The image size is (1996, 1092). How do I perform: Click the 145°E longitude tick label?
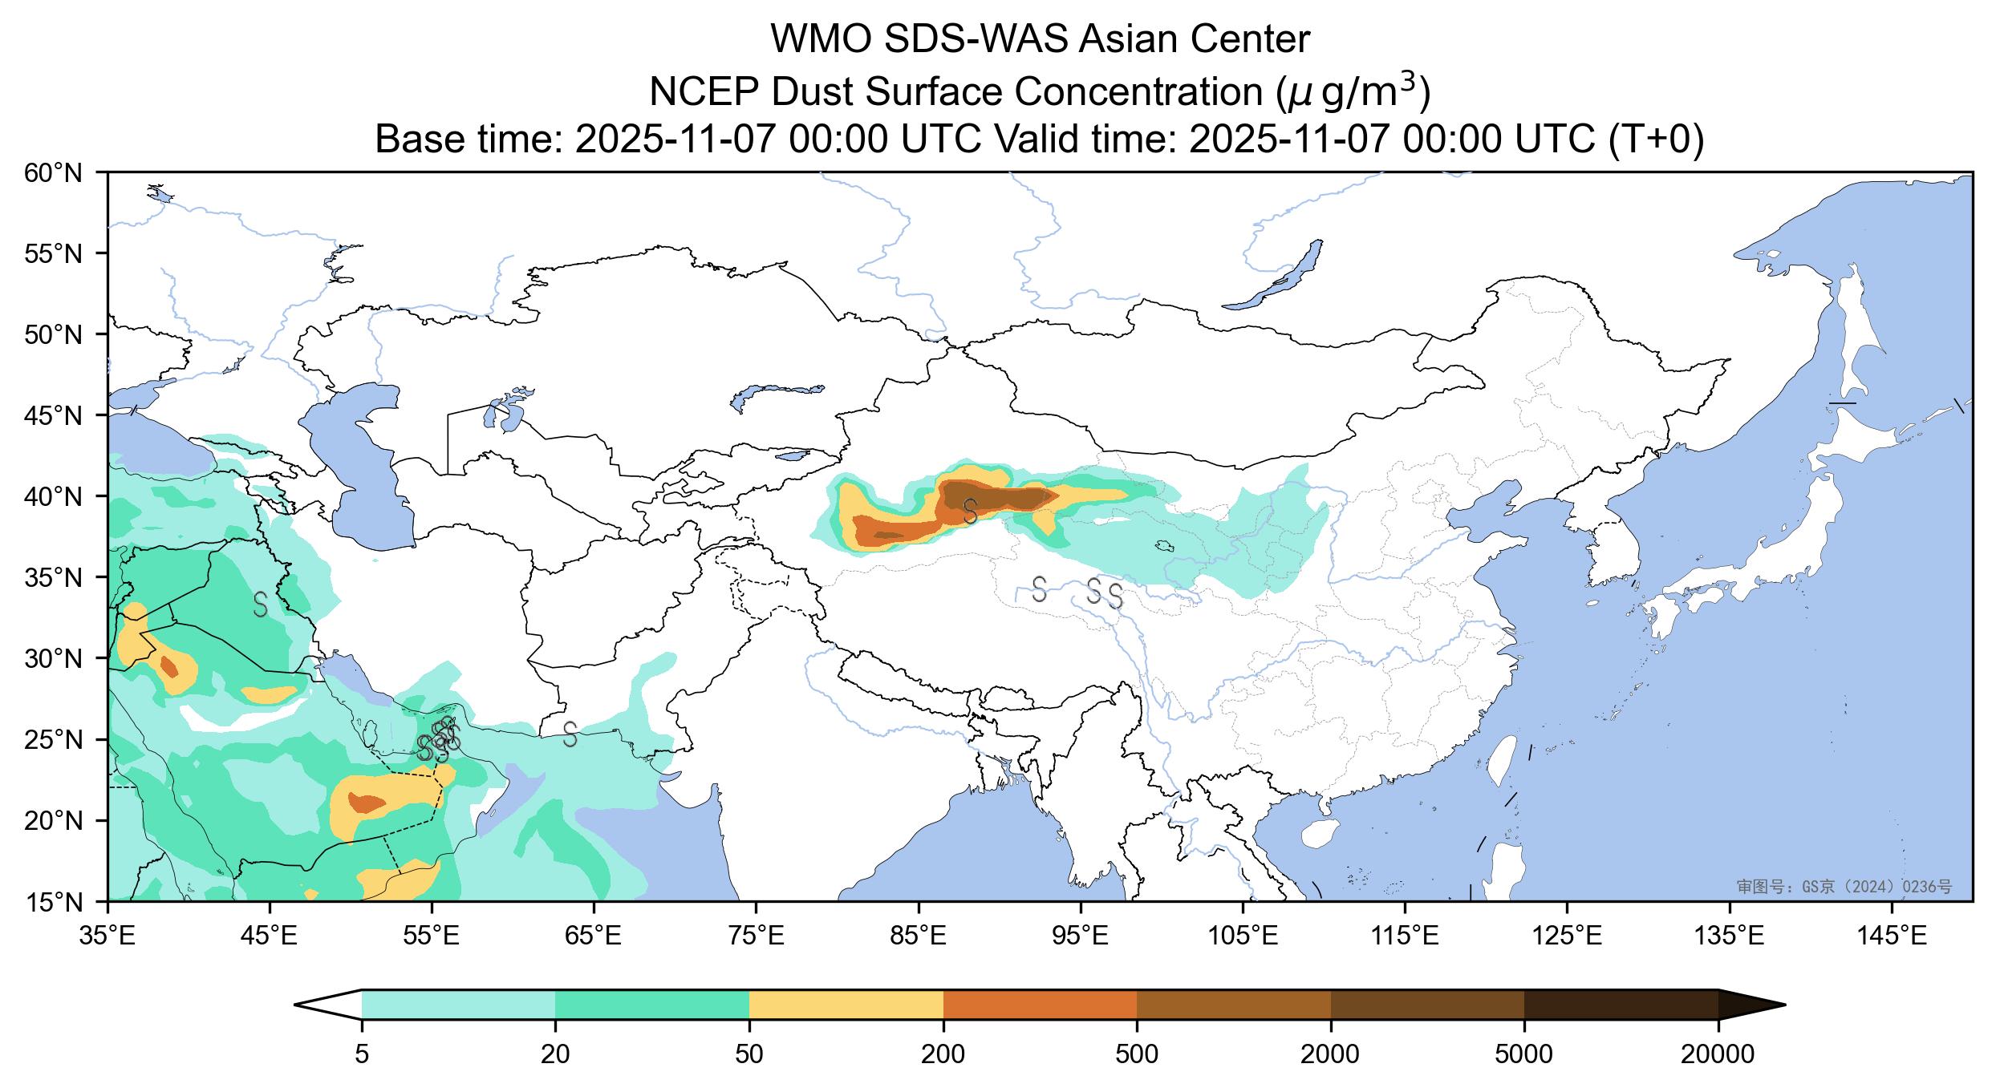click(1893, 936)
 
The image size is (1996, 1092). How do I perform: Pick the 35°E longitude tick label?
click(108, 936)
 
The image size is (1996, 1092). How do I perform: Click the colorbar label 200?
click(943, 1054)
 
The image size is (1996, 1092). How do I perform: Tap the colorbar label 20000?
click(1718, 1054)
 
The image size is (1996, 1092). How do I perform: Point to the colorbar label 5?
click(362, 1054)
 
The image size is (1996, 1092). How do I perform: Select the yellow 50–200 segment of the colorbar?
click(846, 1005)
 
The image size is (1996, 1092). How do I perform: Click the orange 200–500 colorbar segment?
click(1040, 1005)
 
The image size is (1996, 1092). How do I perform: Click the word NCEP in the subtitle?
click(703, 93)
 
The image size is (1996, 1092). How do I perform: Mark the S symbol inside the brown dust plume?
click(970, 511)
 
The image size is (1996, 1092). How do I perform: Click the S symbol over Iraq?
click(260, 604)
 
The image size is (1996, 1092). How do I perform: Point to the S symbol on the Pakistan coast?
click(570, 734)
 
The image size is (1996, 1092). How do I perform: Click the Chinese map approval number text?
click(1844, 887)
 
